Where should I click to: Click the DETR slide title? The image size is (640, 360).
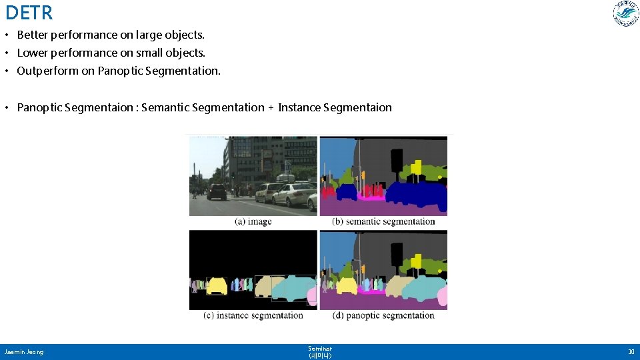(x=29, y=13)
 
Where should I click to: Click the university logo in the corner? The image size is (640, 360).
(x=626, y=14)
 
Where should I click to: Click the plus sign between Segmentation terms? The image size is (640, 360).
(x=271, y=107)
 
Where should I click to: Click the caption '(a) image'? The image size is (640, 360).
(x=253, y=221)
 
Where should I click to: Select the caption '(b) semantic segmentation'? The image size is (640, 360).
(x=383, y=221)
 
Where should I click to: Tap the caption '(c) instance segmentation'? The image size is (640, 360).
(x=253, y=315)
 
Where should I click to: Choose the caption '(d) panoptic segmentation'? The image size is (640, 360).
(x=383, y=315)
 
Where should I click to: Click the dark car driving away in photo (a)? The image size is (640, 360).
(x=217, y=192)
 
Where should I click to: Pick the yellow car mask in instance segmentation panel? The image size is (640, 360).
(x=217, y=287)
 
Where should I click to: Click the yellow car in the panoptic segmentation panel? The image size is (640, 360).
(x=347, y=287)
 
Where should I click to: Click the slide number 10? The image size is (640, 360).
(x=631, y=351)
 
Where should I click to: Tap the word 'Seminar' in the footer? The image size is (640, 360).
(x=320, y=348)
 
